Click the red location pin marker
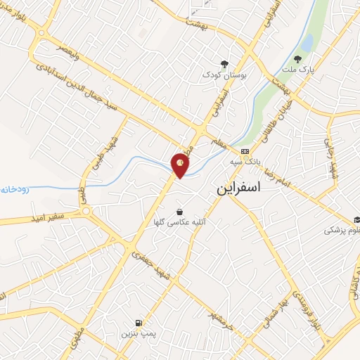tap(181, 164)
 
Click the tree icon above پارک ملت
tap(300, 58)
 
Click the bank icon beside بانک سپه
tap(244, 151)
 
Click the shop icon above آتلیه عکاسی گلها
tap(179, 211)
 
